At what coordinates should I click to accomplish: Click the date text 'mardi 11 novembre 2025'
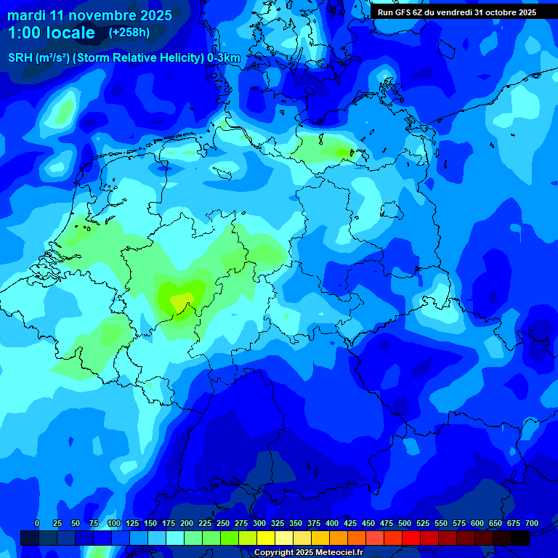pos(90,15)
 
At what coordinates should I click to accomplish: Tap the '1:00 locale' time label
pos(52,33)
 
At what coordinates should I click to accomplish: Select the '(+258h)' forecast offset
pos(129,33)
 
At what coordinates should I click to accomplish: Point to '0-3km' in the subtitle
pos(224,58)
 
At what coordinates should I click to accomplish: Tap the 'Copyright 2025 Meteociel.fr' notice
pos(308,552)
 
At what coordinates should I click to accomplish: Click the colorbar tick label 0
pos(37,523)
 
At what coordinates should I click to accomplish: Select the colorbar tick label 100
pos(114,523)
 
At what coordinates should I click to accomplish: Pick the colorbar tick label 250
pos(223,523)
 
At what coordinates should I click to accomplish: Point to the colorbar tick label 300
pos(259,523)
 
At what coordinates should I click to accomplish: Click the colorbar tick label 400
pos(332,523)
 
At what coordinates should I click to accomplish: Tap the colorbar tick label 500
pos(405,523)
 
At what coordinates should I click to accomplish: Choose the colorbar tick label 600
pos(477,523)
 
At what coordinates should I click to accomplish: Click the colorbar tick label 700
pos(532,523)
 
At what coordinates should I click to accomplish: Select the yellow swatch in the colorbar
pos(266,538)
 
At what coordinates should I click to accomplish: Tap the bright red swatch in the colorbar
pos(411,538)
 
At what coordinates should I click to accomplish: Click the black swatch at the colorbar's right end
pos(520,538)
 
